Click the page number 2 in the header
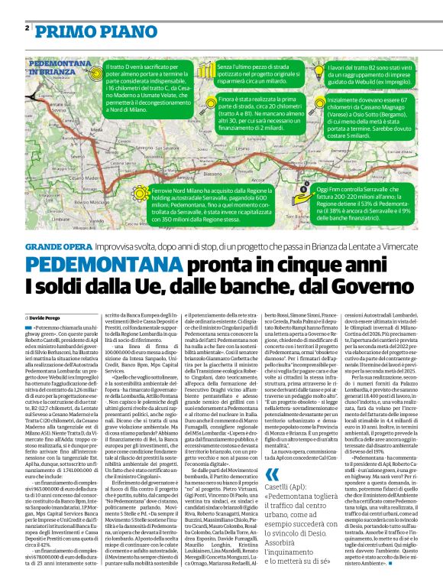click(x=27, y=28)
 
